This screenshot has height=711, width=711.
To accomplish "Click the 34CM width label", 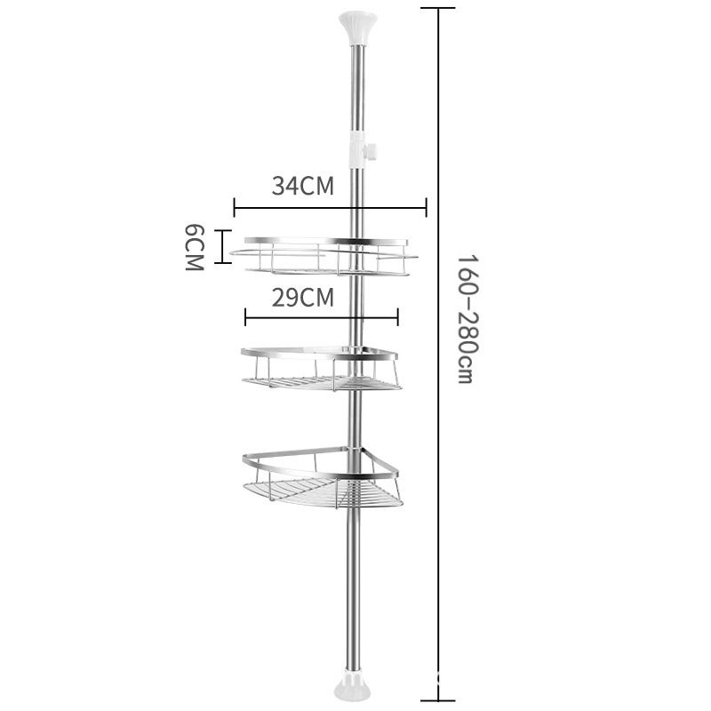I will click(x=302, y=187).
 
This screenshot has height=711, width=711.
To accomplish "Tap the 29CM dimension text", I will click(x=303, y=297).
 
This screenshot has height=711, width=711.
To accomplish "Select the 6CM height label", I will click(x=195, y=248).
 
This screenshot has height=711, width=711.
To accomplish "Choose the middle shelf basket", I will click(x=321, y=368).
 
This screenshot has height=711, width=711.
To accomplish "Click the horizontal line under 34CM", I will click(x=330, y=209).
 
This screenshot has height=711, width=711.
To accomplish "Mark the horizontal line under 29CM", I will click(x=321, y=317).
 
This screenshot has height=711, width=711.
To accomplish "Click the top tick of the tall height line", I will click(x=438, y=8).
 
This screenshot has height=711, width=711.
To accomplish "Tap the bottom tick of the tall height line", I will click(x=438, y=702).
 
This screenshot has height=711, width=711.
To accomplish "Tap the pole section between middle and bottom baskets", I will click(x=355, y=418).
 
